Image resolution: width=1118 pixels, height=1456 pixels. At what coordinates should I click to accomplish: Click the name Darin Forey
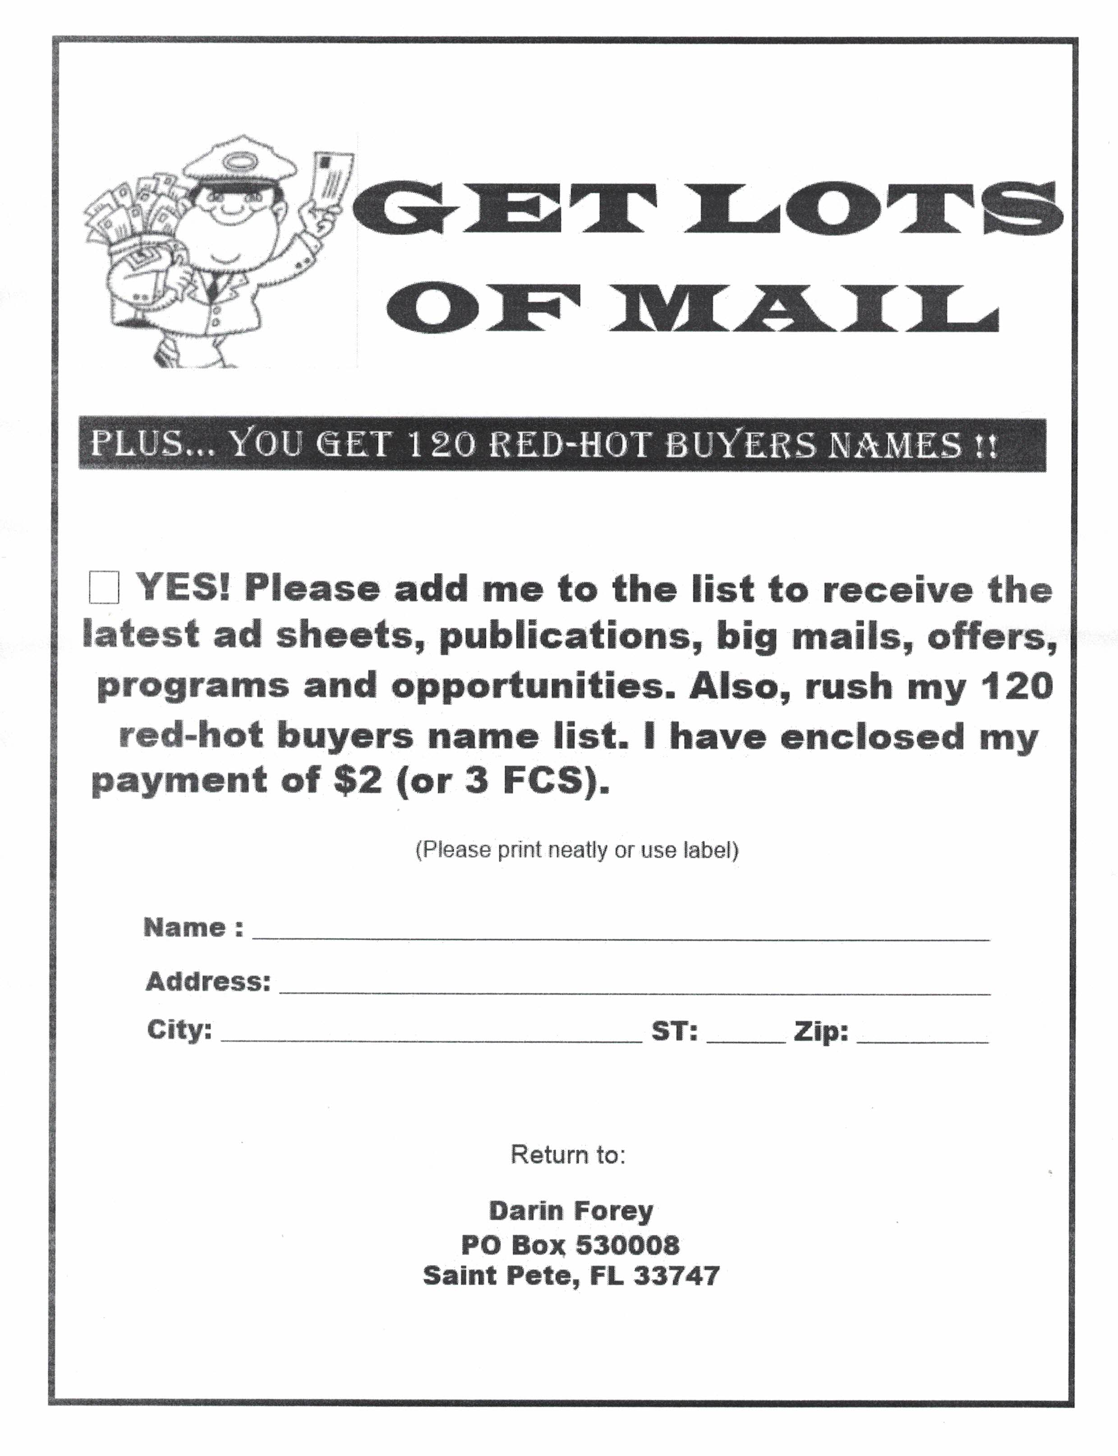pyautogui.click(x=571, y=1210)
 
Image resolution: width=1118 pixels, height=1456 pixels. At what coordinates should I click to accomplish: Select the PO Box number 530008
pyautogui.click(x=627, y=1244)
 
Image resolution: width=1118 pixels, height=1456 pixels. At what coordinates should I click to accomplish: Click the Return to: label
pyautogui.click(x=568, y=1154)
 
